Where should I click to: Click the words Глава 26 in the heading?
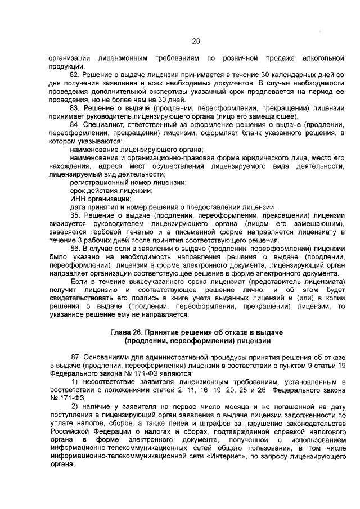coord(126,333)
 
